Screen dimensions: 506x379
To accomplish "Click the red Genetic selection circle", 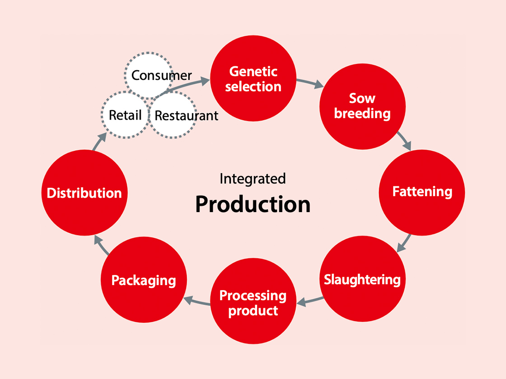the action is pos(253,79).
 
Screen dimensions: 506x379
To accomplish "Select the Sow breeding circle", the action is pos(362,106).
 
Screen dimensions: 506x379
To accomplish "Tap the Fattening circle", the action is pos(422,192).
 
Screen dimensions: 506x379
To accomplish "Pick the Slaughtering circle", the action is pos(362,279).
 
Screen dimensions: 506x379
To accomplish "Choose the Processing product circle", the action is pos(253,301).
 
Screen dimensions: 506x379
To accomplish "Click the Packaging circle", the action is pos(144,280).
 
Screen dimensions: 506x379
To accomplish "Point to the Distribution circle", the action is pos(84,193).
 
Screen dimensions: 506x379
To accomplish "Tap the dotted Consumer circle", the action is pos(149,75).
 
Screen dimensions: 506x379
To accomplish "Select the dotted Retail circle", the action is pos(125,115).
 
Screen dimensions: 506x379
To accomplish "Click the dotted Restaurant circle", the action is pos(173,115).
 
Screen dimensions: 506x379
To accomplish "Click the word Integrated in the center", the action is pos(253,179).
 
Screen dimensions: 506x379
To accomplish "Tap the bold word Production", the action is pos(253,204).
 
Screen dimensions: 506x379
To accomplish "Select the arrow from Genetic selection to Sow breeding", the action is pos(310,83).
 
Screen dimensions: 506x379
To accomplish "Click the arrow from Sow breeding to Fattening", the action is pos(405,140).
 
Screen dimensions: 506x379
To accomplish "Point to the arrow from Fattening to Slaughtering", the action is pos(404,243).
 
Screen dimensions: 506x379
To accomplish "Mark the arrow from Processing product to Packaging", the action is pos(197,301).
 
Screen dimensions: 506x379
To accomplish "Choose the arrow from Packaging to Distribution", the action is pos(102,245).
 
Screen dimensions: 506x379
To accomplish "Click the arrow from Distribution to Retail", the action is pos(100,141).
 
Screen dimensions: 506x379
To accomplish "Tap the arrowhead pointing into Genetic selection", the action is pos(205,81).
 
